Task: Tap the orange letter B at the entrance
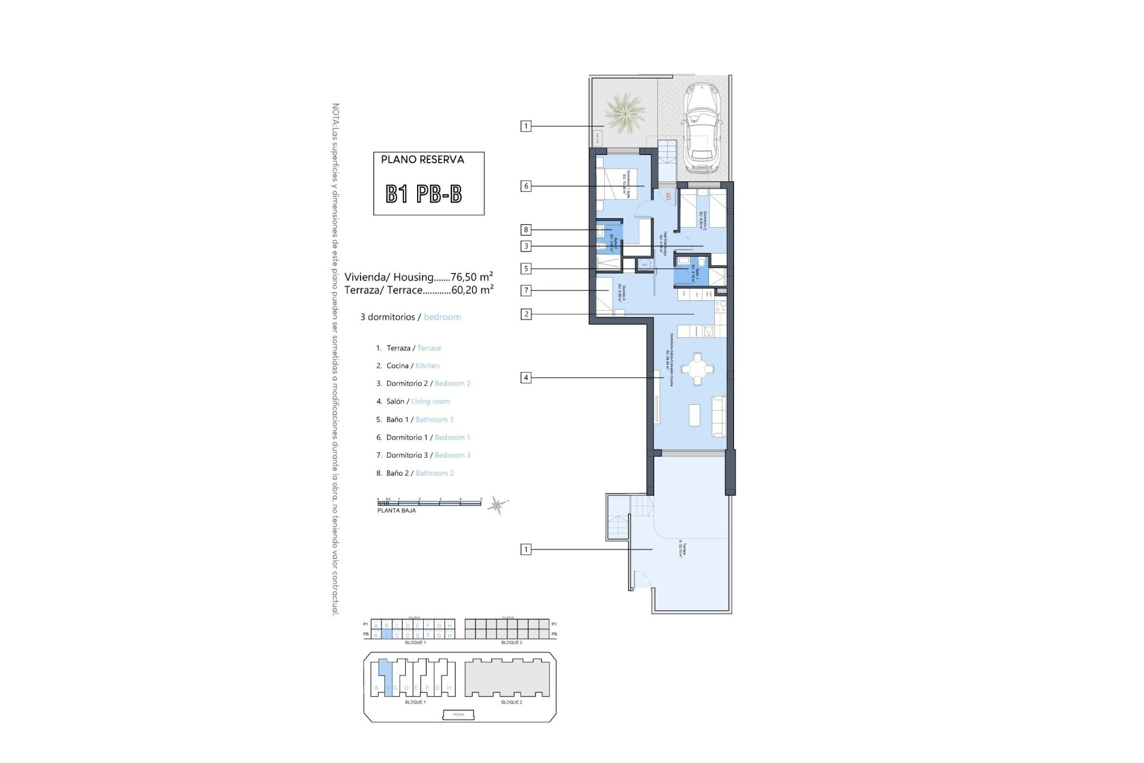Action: coord(669,196)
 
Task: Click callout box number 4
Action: coord(526,377)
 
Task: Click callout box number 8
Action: coord(526,229)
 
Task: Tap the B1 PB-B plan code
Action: coord(424,194)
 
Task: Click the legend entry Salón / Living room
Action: coord(418,402)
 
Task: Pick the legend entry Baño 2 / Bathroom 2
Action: coord(419,473)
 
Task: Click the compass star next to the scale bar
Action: coord(496,506)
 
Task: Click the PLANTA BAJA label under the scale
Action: coord(396,511)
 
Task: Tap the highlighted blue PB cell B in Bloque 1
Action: coord(386,635)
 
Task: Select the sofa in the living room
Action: coord(720,415)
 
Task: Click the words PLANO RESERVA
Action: coord(422,160)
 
